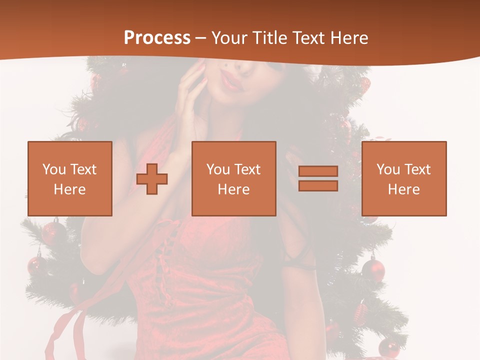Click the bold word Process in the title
[x=157, y=38]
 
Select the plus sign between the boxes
[x=152, y=179]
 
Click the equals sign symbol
[x=318, y=178]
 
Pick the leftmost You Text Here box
[x=69, y=178]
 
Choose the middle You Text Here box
[x=233, y=178]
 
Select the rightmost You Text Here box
[x=403, y=178]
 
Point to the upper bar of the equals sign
[x=318, y=171]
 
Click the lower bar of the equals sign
[x=318, y=186]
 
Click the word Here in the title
[x=349, y=38]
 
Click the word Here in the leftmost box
[x=69, y=189]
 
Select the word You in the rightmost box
[x=387, y=169]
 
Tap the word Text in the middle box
[x=246, y=169]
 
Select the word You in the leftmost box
[x=53, y=169]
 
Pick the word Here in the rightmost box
[x=403, y=189]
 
